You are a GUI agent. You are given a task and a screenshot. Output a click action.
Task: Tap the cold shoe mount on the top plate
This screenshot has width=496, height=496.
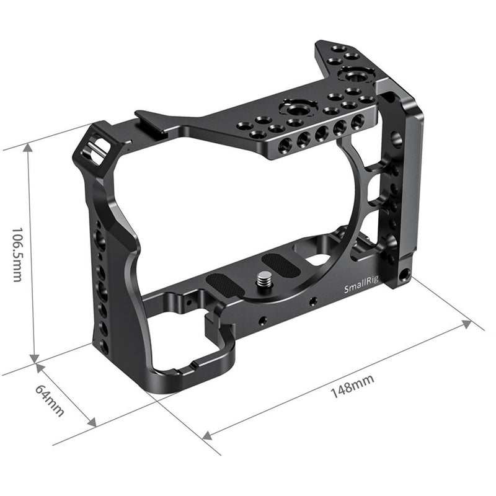pyautogui.click(x=155, y=119)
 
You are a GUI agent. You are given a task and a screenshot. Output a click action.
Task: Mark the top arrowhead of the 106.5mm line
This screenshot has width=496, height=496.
pyautogui.click(x=29, y=148)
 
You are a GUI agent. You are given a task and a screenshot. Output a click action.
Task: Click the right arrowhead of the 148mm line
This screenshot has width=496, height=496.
pyautogui.click(x=467, y=324)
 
